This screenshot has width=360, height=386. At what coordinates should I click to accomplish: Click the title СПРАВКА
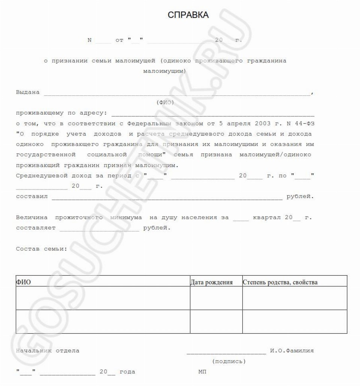(x=188, y=15)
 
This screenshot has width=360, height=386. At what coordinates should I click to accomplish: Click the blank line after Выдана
(x=176, y=94)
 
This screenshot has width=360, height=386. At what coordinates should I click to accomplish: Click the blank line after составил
(x=167, y=196)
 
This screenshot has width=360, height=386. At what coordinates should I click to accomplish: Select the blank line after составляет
(x=99, y=228)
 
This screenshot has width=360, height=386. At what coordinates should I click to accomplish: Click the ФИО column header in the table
(x=23, y=282)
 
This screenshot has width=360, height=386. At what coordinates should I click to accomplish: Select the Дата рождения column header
(x=212, y=282)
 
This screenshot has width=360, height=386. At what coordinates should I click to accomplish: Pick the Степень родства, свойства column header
(x=280, y=282)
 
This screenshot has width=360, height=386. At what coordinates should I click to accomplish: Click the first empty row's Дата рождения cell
(x=216, y=298)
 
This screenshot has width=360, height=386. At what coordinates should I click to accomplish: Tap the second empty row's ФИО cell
(x=103, y=322)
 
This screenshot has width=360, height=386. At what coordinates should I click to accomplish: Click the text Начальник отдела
(x=48, y=351)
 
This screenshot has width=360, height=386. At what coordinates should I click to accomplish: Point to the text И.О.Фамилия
(x=292, y=351)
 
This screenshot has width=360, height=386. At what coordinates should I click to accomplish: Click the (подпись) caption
(x=229, y=362)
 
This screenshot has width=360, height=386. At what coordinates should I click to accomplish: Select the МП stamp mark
(x=202, y=372)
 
